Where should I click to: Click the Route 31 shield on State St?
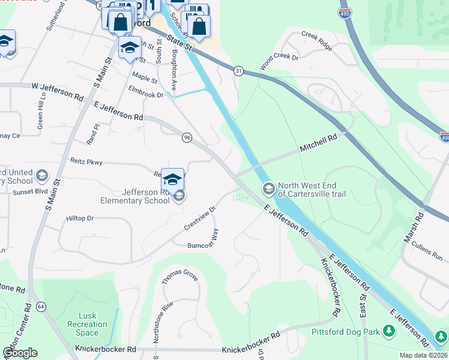238,71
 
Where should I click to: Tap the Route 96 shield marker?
187,137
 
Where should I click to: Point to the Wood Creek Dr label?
279,60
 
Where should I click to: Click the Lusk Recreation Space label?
87,325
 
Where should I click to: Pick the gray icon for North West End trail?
268,190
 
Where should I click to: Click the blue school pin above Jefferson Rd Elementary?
172,179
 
